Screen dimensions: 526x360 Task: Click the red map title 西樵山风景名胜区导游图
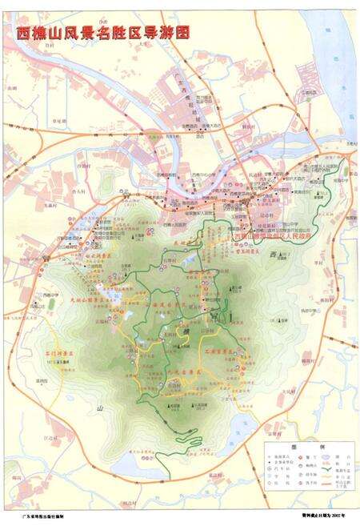click(x=104, y=33)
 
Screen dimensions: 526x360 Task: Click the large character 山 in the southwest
click(x=101, y=409)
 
